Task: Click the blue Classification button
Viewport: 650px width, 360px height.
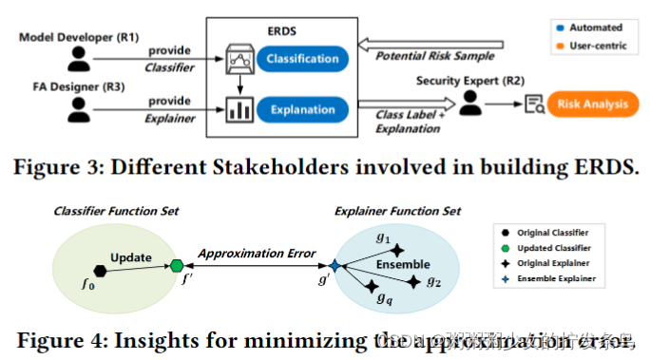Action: [x=301, y=59]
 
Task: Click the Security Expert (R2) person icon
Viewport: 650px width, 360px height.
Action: [x=468, y=103]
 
